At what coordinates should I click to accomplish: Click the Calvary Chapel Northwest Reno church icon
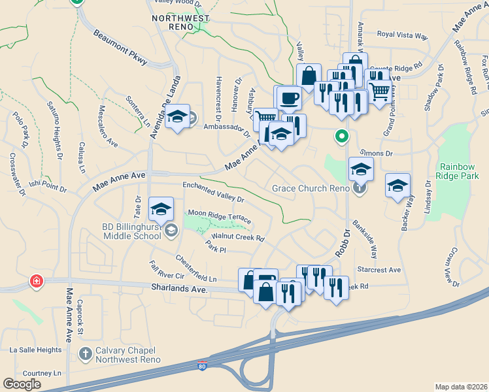(x=85, y=353)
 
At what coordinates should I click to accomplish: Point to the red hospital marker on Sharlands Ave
(x=37, y=282)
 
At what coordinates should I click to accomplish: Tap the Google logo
(x=22, y=384)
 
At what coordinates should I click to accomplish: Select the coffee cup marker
(x=289, y=99)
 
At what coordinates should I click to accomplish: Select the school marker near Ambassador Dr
(x=178, y=117)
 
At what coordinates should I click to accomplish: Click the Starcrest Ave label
(x=379, y=269)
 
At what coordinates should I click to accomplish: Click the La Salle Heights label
(x=35, y=350)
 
